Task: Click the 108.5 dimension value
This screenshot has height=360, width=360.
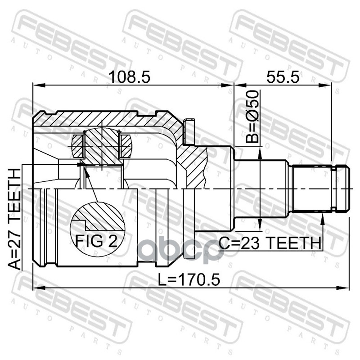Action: [x=130, y=77]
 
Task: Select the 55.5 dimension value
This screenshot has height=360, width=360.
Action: [x=283, y=77]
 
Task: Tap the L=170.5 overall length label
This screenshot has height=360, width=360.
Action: [x=189, y=279]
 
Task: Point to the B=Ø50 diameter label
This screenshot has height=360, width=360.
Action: [x=252, y=117]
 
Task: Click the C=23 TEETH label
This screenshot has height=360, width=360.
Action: [x=270, y=243]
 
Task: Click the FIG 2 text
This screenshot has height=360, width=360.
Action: [x=96, y=241]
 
